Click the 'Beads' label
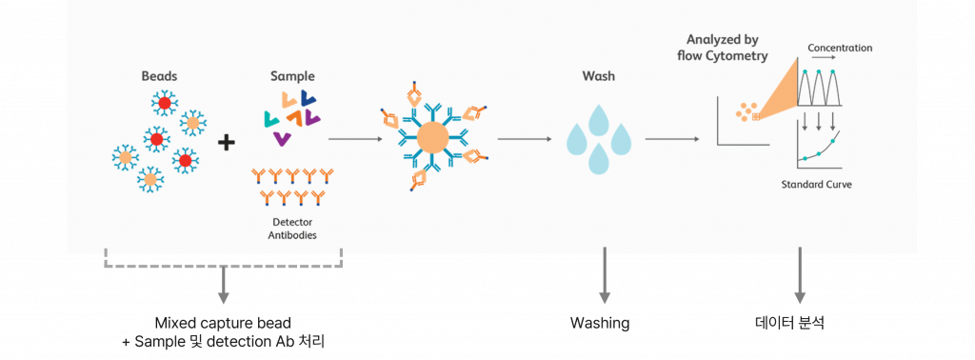pyautogui.click(x=158, y=75)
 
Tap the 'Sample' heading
pyautogui.click(x=292, y=75)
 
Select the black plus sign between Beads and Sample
pyautogui.click(x=226, y=143)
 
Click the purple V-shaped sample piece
pyautogui.click(x=282, y=140)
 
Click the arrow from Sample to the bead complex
pyautogui.click(x=356, y=139)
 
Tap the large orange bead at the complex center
pyautogui.click(x=433, y=139)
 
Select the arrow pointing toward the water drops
pyautogui.click(x=525, y=139)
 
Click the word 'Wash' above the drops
pyautogui.click(x=599, y=75)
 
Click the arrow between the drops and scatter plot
pyautogui.click(x=673, y=139)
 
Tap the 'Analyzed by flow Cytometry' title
pyautogui.click(x=728, y=47)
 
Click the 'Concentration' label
pyautogui.click(x=839, y=48)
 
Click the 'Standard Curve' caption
pyautogui.click(x=816, y=184)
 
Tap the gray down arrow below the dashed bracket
pyautogui.click(x=224, y=286)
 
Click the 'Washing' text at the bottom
pyautogui.click(x=599, y=323)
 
